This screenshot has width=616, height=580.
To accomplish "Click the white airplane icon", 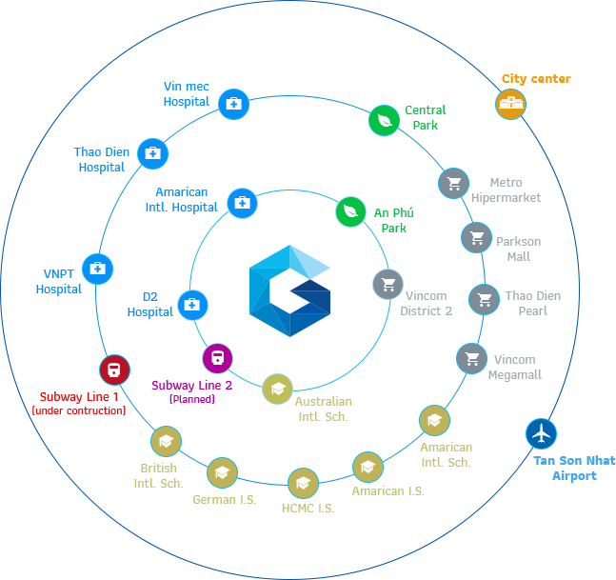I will (541, 434).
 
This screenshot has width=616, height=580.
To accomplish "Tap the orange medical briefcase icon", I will (510, 104).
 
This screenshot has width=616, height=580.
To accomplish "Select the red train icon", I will (114, 370).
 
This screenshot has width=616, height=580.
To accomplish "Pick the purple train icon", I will (217, 358).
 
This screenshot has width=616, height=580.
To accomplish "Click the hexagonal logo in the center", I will (289, 290).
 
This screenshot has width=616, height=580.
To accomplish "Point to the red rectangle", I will (78, 403).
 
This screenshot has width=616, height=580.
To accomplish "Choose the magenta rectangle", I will (191, 391).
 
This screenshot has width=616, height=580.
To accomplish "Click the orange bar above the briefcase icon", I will (536, 79).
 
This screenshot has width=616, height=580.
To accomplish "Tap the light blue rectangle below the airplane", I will (574, 469).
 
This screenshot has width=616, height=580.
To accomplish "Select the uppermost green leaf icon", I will (384, 120).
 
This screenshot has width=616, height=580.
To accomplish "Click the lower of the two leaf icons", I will (350, 211).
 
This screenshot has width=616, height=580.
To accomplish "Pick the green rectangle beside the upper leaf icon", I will (426, 117).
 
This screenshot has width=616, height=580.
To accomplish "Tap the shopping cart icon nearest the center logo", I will (387, 284).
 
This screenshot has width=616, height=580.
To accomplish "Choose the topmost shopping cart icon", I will (453, 183).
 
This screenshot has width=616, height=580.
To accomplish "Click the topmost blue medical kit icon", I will (233, 104).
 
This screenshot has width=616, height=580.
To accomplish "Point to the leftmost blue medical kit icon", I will (97, 269).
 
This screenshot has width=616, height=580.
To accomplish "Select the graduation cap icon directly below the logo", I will (277, 389).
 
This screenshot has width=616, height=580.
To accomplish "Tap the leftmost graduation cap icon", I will (166, 441).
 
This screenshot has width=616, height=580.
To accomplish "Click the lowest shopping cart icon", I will (471, 358).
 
